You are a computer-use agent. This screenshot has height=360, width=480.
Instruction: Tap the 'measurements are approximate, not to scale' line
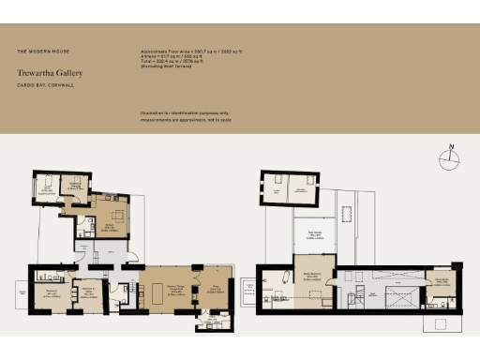[184, 119]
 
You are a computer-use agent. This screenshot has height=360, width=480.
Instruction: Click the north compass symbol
[451, 157]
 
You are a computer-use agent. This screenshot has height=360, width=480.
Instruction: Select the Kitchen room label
[109, 227]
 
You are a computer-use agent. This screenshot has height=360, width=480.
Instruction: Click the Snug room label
[214, 291]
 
